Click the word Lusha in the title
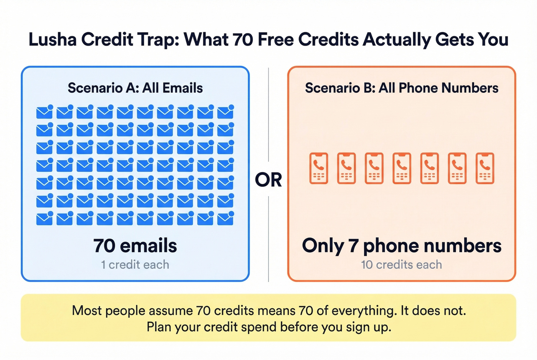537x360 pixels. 52,39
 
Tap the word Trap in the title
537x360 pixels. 158,39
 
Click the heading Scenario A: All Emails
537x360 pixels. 135,88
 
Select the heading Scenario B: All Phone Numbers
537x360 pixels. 402,88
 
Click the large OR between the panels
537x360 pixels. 268,180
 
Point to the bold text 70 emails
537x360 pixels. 135,246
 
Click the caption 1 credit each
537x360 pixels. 135,265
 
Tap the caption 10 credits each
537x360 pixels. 402,265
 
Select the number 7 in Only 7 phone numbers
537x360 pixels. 353,246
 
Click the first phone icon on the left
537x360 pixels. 319,168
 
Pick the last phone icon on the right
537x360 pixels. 485,168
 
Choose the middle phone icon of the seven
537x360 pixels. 402,168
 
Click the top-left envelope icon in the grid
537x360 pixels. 44,112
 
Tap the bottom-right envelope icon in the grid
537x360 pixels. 226,219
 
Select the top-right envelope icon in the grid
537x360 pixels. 226,112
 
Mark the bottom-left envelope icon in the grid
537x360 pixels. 44,219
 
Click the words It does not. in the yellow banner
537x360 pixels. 433,310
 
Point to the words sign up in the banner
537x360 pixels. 368,327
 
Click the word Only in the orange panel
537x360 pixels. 323,246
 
